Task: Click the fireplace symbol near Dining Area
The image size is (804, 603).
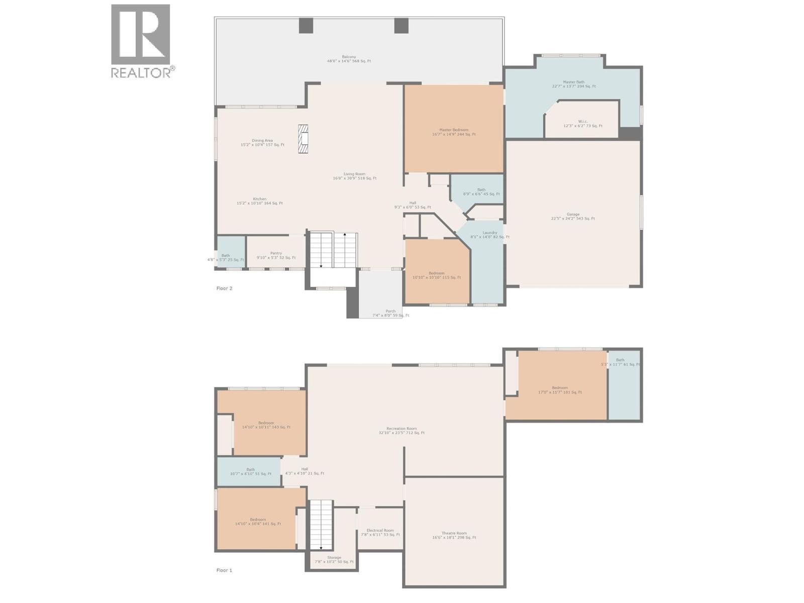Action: [303, 139]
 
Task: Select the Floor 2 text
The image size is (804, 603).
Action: [224, 288]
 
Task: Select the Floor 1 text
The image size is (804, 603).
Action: [224, 570]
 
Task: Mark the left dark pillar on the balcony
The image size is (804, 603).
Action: [306, 26]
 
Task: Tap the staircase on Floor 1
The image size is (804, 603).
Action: [321, 525]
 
